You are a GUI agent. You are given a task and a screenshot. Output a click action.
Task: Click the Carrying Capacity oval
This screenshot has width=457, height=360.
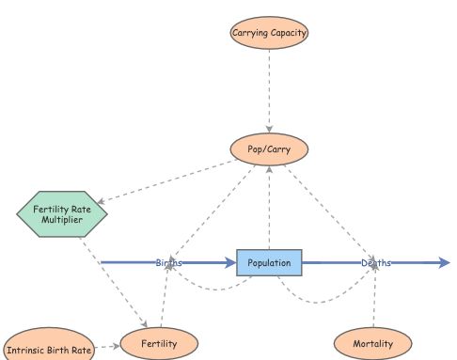(270, 33)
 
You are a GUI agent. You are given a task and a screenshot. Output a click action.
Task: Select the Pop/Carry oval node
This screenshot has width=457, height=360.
(270, 149)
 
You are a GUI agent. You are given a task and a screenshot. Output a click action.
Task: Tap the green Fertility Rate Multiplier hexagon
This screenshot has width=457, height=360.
(63, 214)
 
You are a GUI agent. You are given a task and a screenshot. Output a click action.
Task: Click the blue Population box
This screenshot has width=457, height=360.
(270, 262)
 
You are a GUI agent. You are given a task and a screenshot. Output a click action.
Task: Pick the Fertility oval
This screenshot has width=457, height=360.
(159, 344)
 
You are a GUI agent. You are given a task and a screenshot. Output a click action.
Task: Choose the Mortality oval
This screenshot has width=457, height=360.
(372, 344)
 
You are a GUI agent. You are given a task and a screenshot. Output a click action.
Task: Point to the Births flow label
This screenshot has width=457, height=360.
(169, 263)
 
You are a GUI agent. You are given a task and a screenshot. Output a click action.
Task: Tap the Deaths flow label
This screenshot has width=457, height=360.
(376, 263)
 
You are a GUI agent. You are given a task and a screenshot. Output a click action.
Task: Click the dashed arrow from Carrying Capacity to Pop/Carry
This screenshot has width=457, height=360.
(270, 89)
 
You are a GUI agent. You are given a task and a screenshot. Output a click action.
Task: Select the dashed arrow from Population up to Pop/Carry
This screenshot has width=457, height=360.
(270, 207)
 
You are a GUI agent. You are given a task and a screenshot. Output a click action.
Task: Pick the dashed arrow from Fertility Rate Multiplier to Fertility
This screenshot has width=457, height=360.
(118, 282)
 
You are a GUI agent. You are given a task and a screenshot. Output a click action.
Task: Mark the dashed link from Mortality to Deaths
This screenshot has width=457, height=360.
(374, 301)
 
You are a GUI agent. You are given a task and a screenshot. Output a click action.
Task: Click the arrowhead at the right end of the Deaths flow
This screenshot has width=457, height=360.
(445, 263)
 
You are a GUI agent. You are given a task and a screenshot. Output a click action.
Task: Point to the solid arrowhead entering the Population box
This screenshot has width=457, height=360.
(230, 263)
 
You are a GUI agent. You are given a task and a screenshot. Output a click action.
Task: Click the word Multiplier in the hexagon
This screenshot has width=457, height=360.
(63, 221)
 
